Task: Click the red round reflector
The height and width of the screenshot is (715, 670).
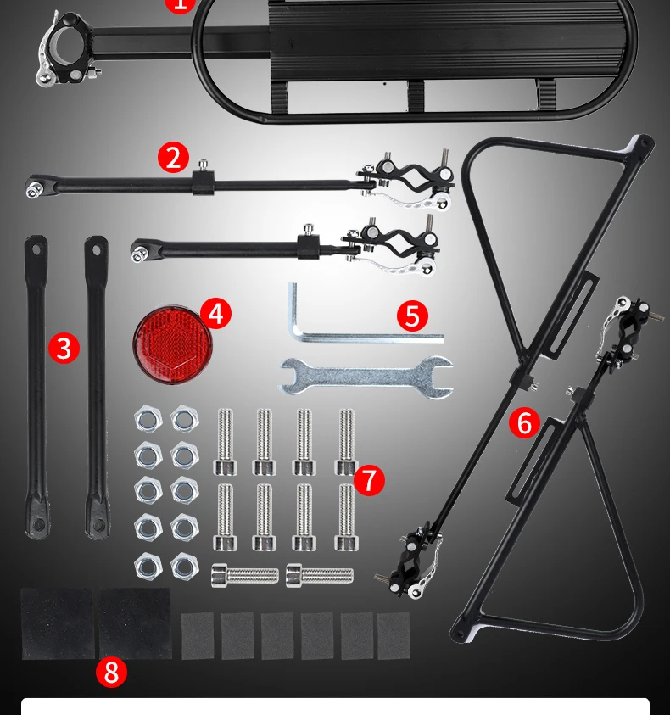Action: click(172, 344)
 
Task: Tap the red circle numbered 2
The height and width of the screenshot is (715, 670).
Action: click(173, 157)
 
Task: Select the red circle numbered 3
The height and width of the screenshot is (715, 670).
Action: click(64, 348)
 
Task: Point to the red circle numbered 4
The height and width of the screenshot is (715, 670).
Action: click(215, 313)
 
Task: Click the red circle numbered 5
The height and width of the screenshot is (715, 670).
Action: click(412, 316)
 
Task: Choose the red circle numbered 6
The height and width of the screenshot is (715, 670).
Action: click(524, 422)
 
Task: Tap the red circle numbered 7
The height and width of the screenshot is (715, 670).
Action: click(369, 480)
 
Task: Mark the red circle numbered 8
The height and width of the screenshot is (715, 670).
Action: click(111, 672)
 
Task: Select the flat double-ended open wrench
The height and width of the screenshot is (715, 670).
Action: click(366, 377)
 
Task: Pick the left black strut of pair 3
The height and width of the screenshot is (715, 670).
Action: click(36, 387)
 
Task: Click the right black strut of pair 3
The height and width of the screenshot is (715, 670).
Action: click(96, 387)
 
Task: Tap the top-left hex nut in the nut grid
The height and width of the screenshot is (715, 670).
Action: click(148, 418)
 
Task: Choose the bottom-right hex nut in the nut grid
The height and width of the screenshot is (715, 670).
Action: click(185, 567)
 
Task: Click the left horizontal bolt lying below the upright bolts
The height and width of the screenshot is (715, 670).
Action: click(245, 575)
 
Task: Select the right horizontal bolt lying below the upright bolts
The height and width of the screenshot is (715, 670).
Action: click(320, 575)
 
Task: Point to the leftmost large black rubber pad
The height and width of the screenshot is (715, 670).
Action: click(58, 623)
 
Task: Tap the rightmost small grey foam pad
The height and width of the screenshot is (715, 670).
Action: click(394, 635)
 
